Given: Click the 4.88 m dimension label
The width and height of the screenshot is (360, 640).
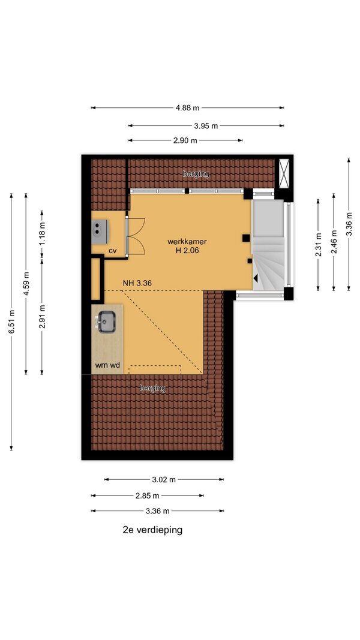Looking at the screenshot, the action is pos(187,108).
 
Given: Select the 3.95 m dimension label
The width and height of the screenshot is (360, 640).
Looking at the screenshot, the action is pos(206,126).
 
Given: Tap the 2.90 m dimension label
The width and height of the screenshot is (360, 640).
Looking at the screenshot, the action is pos(185,141).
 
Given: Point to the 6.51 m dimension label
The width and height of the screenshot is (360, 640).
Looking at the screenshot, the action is pos(12,321).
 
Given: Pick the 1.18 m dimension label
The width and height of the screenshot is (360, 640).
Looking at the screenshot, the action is pos(42,233).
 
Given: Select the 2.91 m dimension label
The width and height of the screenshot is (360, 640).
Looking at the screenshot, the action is pos(42,317).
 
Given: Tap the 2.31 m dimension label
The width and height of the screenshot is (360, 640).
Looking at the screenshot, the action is pos(319,245).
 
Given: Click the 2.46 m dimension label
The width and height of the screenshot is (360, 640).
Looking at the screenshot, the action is pos(334,242).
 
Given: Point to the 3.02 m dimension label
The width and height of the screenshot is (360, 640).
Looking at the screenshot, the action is pos(164,480).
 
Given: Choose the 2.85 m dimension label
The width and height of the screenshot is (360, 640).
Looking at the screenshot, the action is pos(147,496).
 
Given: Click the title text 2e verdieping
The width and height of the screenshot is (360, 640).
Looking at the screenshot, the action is pos(152,530).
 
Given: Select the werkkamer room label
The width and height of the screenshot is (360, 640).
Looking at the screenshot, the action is pos(183,242).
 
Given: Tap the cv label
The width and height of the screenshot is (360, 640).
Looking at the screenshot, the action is pos(113,251).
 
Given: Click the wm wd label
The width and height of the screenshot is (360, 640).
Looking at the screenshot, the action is pos(108,366).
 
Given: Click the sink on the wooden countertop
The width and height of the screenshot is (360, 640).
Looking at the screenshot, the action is pos(107,321).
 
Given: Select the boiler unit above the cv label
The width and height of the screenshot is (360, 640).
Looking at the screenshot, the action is pos(99,229).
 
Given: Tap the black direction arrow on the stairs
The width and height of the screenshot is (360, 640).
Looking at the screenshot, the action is pos(256,278).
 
